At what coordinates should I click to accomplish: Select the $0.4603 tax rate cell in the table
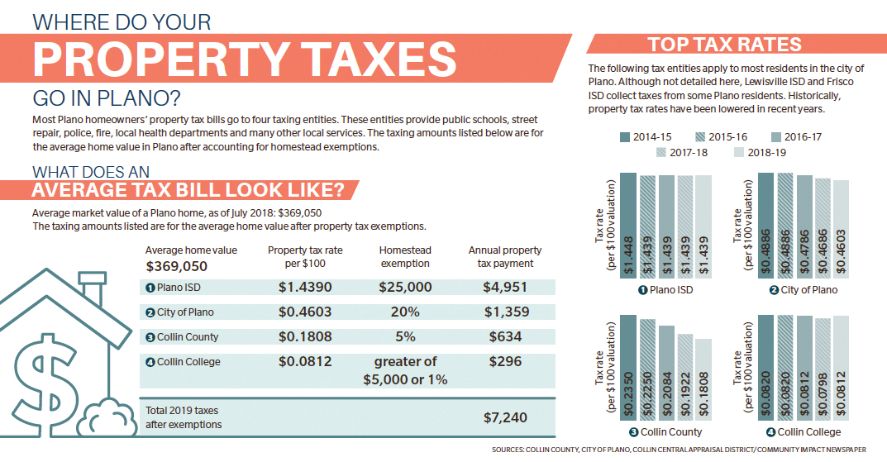coord(305,312)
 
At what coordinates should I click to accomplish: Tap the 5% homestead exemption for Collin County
coord(405,337)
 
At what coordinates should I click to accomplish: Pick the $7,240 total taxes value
coord(504,417)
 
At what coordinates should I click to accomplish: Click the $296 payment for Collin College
coord(504,361)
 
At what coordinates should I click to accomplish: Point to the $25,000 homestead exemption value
coord(405,287)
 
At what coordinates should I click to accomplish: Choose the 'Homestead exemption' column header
coord(405,256)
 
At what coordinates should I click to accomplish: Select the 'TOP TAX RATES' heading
coord(724,45)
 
